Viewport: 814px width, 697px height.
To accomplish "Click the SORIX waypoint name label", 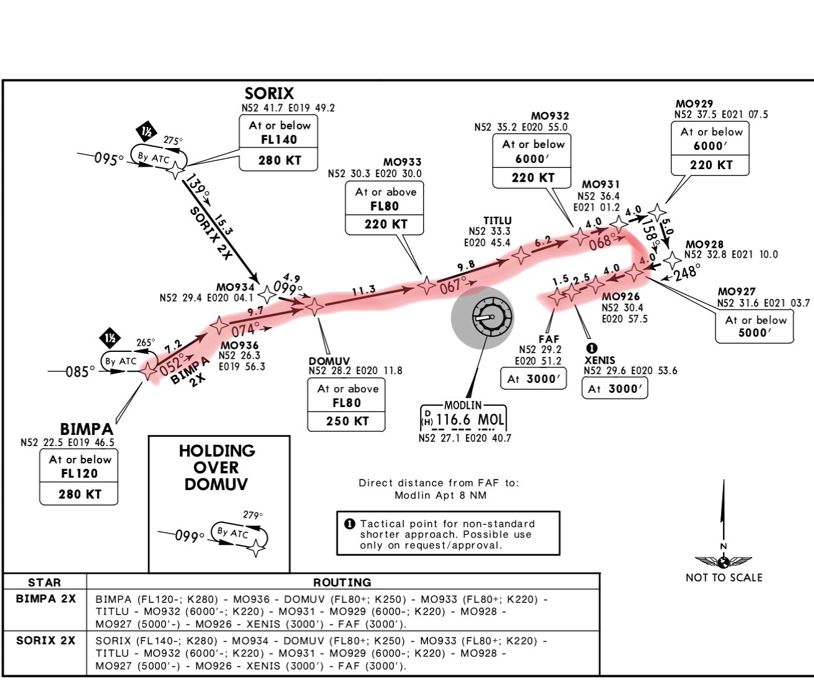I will point(269,94).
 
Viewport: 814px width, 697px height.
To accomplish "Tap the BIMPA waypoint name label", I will point(86,429).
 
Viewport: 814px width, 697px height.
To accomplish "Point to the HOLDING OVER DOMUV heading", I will point(217,467).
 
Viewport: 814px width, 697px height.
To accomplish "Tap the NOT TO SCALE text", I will point(724,577).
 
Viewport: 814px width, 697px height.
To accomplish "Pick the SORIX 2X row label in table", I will point(45,641).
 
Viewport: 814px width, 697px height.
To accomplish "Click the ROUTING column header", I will point(342,582).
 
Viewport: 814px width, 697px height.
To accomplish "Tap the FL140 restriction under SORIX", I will point(279,139).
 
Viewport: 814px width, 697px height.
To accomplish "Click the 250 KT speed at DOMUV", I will point(347,421).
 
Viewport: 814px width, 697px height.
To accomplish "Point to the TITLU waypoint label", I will point(497,221).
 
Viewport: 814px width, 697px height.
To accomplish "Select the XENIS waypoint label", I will point(600,360).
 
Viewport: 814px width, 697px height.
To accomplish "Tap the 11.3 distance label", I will point(364,290).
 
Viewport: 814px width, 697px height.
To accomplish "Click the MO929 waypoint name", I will point(694,104).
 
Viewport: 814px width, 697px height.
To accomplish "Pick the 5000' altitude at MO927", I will point(755,333).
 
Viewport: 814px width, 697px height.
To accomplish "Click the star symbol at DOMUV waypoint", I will point(314,306).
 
